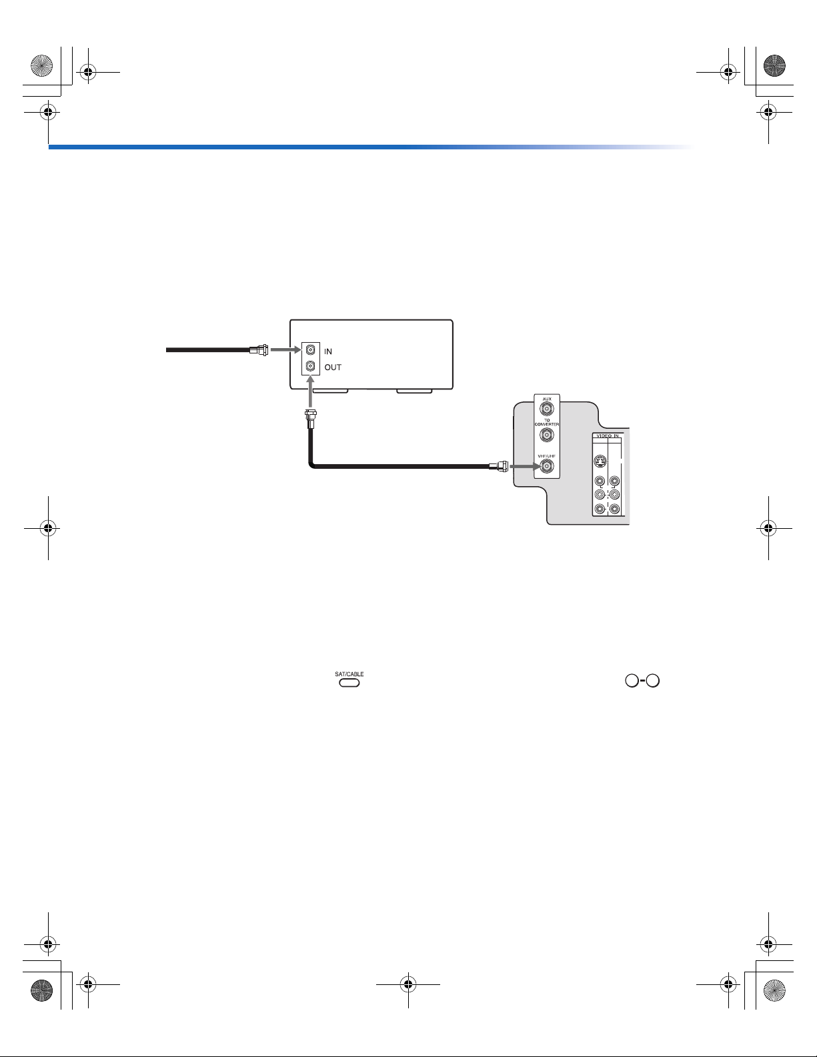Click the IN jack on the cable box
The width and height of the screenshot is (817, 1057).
click(310, 349)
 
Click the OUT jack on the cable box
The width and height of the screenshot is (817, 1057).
click(310, 366)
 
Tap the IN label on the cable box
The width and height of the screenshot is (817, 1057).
click(328, 351)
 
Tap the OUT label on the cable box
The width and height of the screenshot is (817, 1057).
click(333, 367)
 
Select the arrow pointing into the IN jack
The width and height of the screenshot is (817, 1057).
click(286, 349)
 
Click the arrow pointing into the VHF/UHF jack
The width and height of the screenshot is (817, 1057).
click(525, 467)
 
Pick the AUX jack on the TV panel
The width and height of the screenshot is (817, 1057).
click(547, 409)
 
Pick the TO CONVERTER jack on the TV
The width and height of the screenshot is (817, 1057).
click(547, 434)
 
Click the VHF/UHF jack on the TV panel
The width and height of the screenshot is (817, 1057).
click(547, 467)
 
